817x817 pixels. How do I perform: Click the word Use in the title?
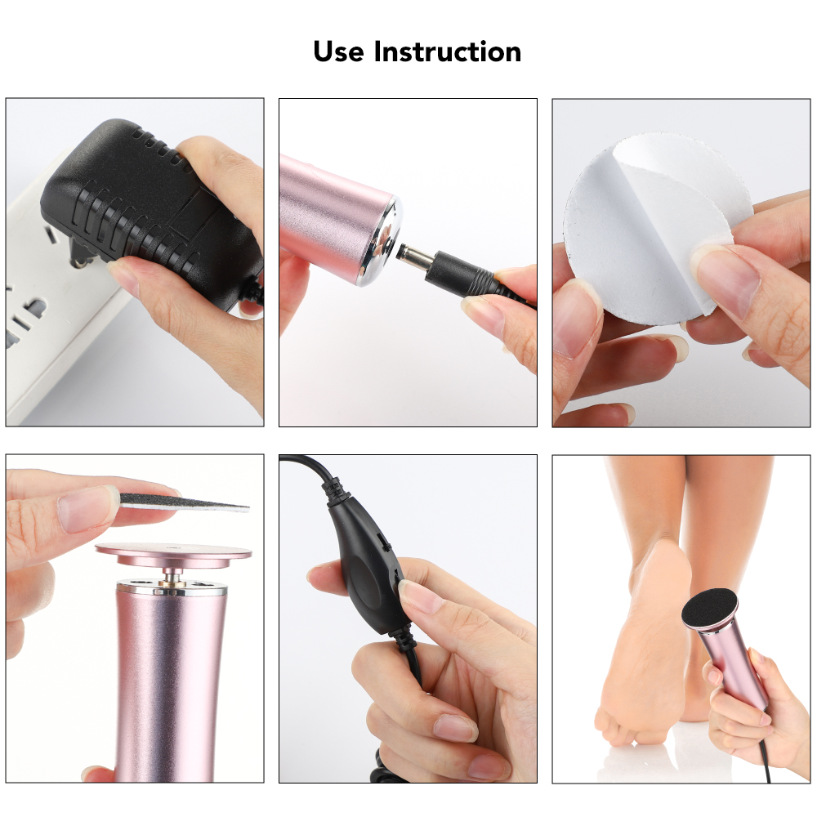tap(339, 51)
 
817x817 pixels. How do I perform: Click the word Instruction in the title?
tap(448, 51)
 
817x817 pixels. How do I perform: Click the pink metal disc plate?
tap(173, 553)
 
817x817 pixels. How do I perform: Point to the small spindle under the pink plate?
tap(174, 576)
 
